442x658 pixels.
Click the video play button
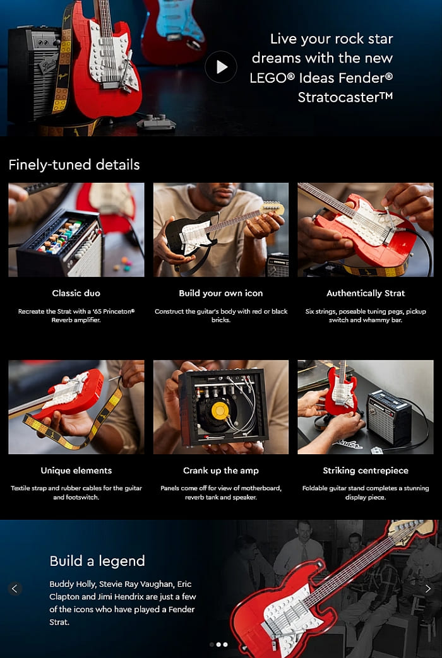pos(221,67)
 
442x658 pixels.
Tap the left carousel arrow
pos(15,589)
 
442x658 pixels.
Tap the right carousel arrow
pos(427,589)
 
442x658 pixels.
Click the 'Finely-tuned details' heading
pos(74,165)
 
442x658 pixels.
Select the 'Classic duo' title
pos(76,293)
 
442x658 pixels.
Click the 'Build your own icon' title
pos(221,293)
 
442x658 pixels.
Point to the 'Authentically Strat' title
pos(366,293)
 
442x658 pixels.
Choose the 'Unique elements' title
pos(76,471)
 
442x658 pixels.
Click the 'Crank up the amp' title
pos(221,471)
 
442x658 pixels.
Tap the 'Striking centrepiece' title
pos(366,471)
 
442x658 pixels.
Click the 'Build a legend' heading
pos(97,561)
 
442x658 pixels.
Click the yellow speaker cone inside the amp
pos(220,411)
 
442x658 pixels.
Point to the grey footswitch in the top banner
pos(156,122)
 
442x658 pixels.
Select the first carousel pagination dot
pos(212,644)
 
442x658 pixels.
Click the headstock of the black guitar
pos(273,207)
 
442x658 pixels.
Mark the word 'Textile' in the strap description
pos(21,488)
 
